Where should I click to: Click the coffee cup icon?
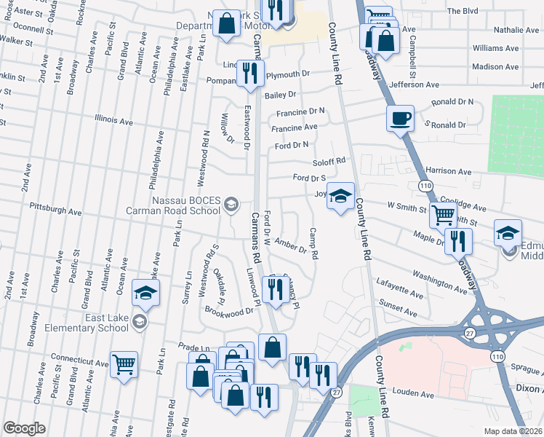pyautogui.click(x=399, y=118)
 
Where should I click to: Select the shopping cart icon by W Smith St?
pyautogui.click(x=443, y=215)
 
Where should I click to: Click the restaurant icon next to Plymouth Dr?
pyautogui.click(x=249, y=74)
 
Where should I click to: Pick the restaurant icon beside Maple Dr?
pyautogui.click(x=458, y=240)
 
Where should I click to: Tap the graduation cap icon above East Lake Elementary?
pyautogui.click(x=145, y=294)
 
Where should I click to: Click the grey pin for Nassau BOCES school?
pyautogui.click(x=231, y=203)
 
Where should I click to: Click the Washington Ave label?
pyautogui.click(x=439, y=282)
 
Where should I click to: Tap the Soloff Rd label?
pyautogui.click(x=328, y=161)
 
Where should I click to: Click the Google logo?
pyautogui.click(x=24, y=428)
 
